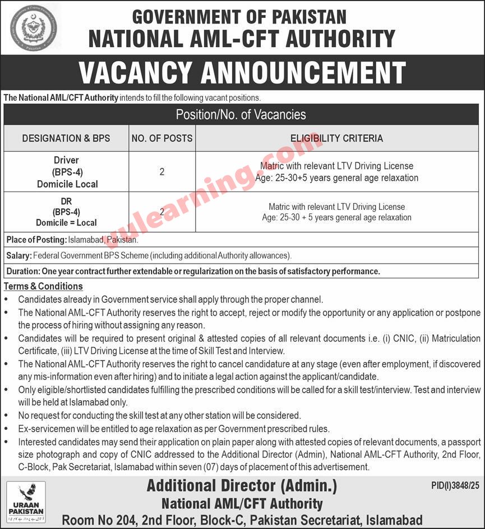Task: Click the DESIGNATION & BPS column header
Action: tap(66, 138)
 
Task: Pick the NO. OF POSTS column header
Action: tap(162, 138)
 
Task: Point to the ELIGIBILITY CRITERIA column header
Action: tap(336, 138)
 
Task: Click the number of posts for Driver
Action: tap(162, 172)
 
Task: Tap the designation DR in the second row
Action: tap(66, 202)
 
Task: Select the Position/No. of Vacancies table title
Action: tap(241, 115)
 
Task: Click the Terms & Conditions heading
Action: tap(44, 287)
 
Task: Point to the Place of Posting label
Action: tap(35, 240)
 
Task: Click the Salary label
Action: tap(19, 256)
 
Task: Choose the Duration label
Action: tap(22, 271)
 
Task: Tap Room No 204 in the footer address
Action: tap(96, 520)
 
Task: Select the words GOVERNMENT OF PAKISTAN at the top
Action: tap(242, 16)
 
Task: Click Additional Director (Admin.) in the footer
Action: tap(242, 486)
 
